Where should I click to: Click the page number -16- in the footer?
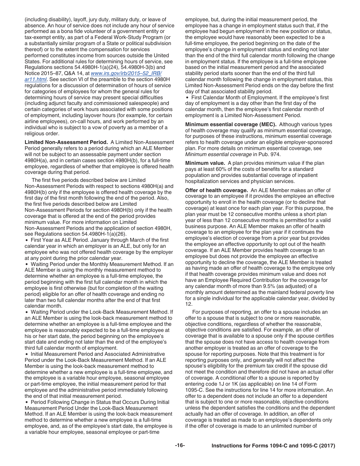click(x=180, y=446)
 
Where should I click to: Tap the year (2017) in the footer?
click(x=327, y=446)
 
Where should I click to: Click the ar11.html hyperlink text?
click(x=36, y=79)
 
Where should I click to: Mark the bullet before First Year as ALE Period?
click(x=26, y=240)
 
